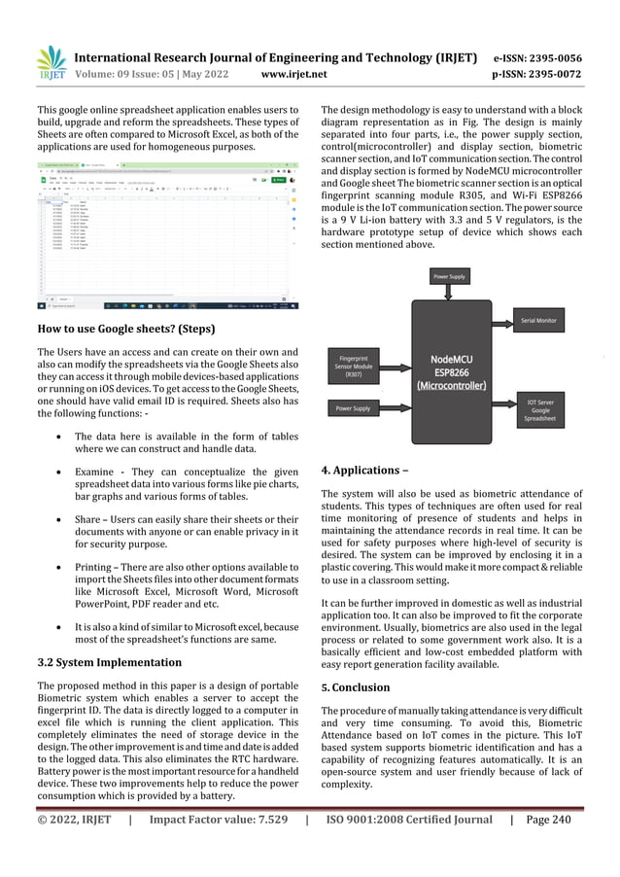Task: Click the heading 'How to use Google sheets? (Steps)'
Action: click(125, 329)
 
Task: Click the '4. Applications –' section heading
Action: click(364, 471)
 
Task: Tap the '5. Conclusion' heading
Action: click(356, 687)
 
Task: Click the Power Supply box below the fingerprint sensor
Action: click(353, 408)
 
